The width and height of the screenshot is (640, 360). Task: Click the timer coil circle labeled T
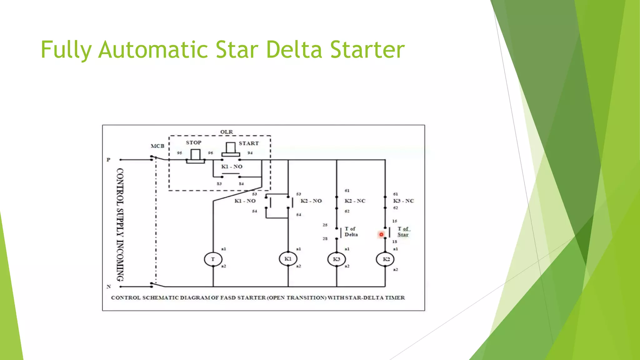point(213,259)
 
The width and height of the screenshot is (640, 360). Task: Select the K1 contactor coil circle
point(288,259)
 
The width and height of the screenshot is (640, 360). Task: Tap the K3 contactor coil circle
point(337,259)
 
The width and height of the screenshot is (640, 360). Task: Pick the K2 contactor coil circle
point(385,259)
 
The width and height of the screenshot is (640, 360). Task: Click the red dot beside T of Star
point(381,234)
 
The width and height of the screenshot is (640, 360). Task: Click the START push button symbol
point(231,149)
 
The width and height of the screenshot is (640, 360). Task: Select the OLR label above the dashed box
point(227,132)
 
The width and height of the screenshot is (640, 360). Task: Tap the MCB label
point(157,146)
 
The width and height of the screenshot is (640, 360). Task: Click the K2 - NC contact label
point(355,201)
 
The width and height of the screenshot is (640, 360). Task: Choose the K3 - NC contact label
point(403,201)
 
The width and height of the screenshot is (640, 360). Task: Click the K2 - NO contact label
point(311,201)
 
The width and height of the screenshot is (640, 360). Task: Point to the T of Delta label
point(351,232)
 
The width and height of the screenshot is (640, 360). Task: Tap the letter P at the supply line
point(108,160)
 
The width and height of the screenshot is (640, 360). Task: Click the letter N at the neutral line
point(109,286)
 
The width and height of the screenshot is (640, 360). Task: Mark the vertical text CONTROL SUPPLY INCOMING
point(120,224)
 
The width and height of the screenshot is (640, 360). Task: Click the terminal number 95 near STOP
point(179,153)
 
